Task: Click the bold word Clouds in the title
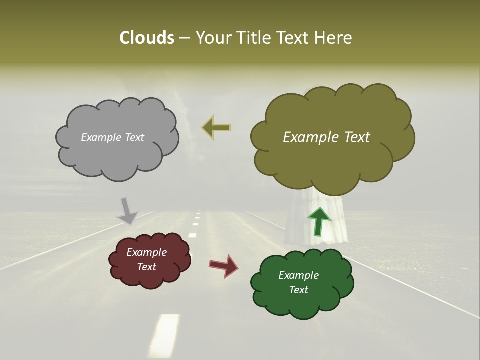click(146, 38)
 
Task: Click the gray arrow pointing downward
click(127, 211)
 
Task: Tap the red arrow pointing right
click(224, 265)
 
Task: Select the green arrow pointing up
click(318, 221)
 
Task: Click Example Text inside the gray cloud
click(112, 137)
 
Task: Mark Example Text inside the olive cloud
click(326, 137)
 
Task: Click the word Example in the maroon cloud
click(146, 252)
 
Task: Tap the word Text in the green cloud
click(298, 290)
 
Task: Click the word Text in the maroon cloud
click(146, 267)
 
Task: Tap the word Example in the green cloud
click(298, 275)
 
